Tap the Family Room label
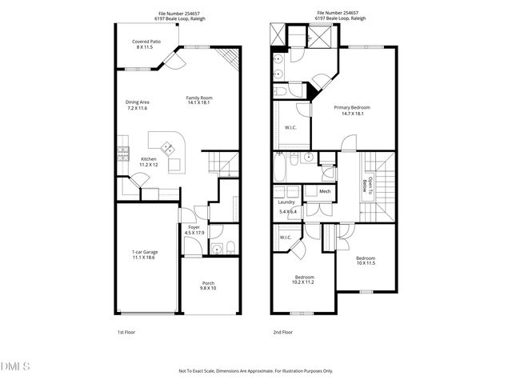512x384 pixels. coord(199,98)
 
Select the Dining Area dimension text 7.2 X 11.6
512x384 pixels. coord(138,107)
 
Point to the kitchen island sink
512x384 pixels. coord(169,147)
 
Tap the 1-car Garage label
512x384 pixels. coord(145,252)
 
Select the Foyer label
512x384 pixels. coord(194,227)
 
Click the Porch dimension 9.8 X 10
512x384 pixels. coord(208,288)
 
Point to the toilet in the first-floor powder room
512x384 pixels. coord(230,246)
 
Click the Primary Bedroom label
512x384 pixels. coord(352,107)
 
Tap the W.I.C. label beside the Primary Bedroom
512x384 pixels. coord(290,128)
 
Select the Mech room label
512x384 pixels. coord(325,192)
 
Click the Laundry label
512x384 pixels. coord(286,203)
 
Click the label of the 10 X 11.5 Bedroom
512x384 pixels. coord(365,258)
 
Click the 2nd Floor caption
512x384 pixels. coord(283,331)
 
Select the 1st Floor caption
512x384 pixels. coord(126,331)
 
